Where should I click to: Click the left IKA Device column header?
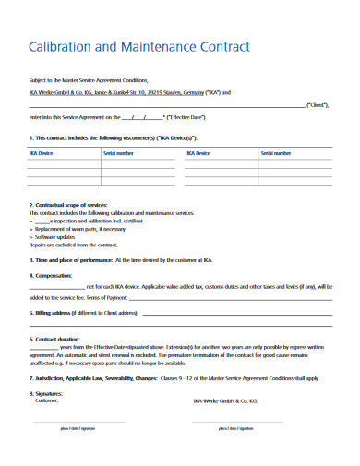point(40,153)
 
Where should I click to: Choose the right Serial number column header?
point(276,153)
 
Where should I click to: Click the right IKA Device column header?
point(198,153)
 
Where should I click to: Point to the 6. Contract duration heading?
point(55,339)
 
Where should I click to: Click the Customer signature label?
point(47,400)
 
